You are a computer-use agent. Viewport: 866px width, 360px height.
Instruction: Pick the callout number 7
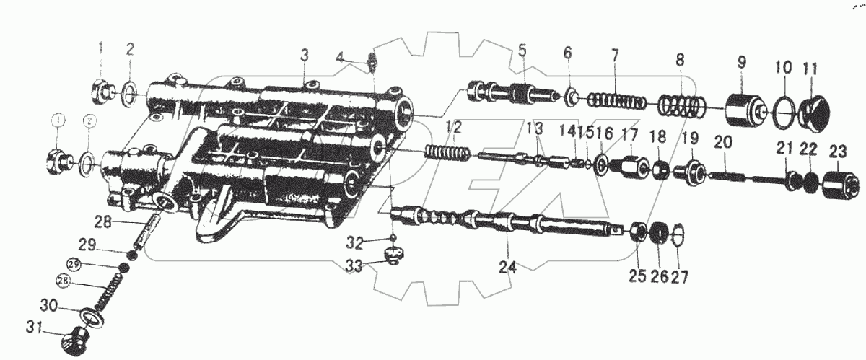coord(614,56)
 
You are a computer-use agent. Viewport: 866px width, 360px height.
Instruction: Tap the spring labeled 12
coord(448,153)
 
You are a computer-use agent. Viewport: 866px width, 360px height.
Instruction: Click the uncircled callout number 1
coord(102,50)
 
